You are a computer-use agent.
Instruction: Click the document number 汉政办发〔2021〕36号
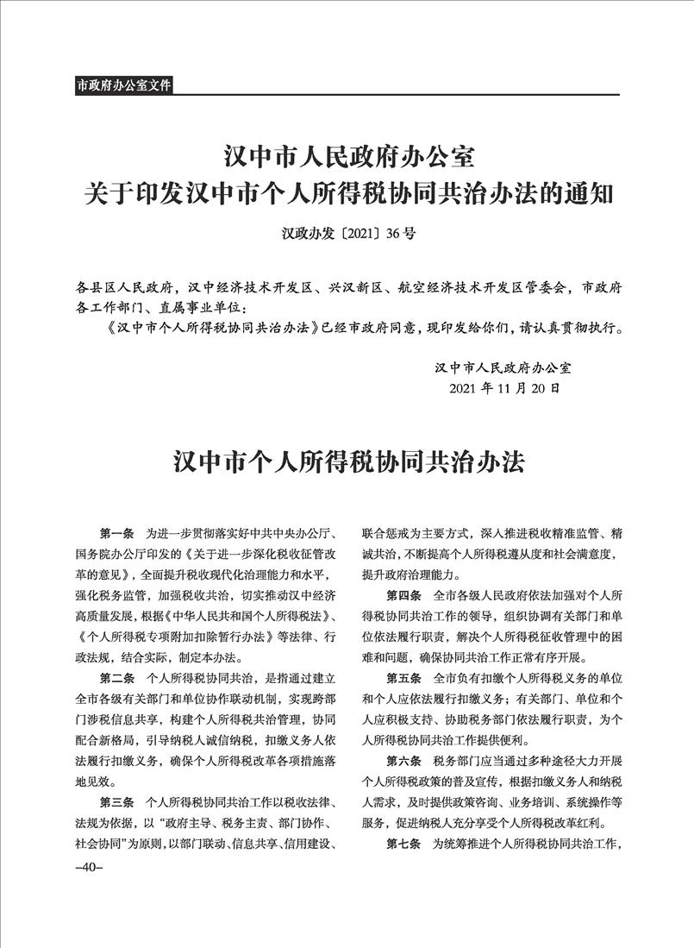pyautogui.click(x=347, y=232)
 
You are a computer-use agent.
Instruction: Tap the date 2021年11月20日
pyautogui.click(x=503, y=388)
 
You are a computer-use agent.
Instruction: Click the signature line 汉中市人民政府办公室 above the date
pyautogui.click(x=503, y=367)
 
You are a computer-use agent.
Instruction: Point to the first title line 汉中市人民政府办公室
pyautogui.click(x=347, y=158)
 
